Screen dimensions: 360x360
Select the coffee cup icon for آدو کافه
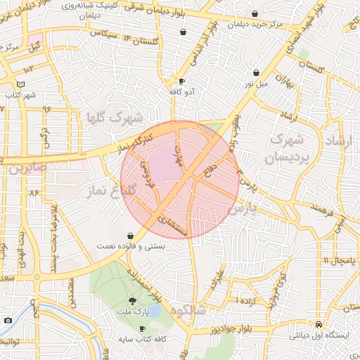tap(182, 81)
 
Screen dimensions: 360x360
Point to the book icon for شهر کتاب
tap(21, 84)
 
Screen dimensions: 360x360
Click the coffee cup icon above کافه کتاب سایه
tap(143, 328)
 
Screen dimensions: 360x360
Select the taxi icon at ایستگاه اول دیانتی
tap(320, 324)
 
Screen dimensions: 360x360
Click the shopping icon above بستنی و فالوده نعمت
tap(131, 236)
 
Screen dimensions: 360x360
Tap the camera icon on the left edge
tap(8, 321)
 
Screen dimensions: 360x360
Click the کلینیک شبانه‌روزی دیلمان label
tap(79, 10)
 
